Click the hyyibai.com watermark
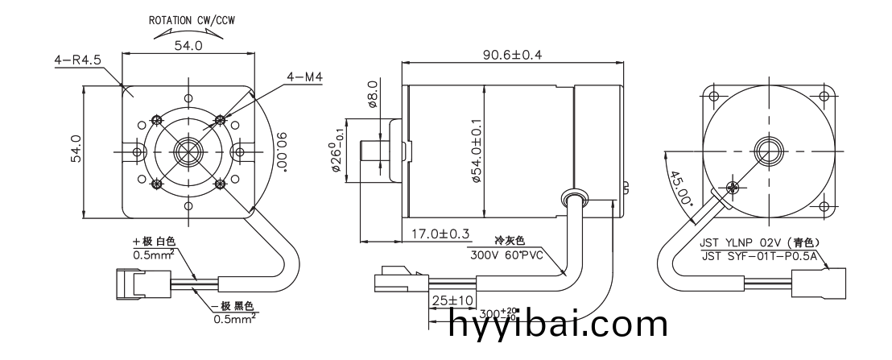[558, 325]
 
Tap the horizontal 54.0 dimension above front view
[188, 47]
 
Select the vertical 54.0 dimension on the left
[75, 151]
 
